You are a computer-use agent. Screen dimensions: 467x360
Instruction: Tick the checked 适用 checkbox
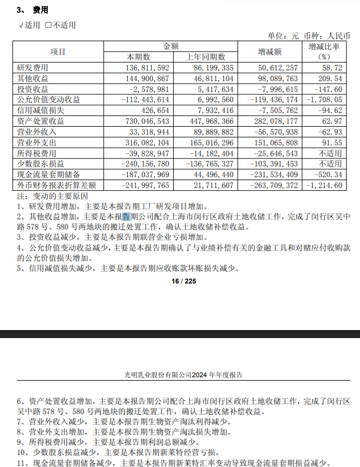(21, 25)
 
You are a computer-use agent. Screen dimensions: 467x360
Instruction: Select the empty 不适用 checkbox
(49, 25)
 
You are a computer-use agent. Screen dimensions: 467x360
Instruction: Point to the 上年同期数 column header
(206, 57)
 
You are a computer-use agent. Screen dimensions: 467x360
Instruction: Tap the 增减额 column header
(270, 51)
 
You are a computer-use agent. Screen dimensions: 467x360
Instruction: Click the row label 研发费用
(33, 67)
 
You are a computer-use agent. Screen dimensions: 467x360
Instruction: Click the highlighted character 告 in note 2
(127, 217)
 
